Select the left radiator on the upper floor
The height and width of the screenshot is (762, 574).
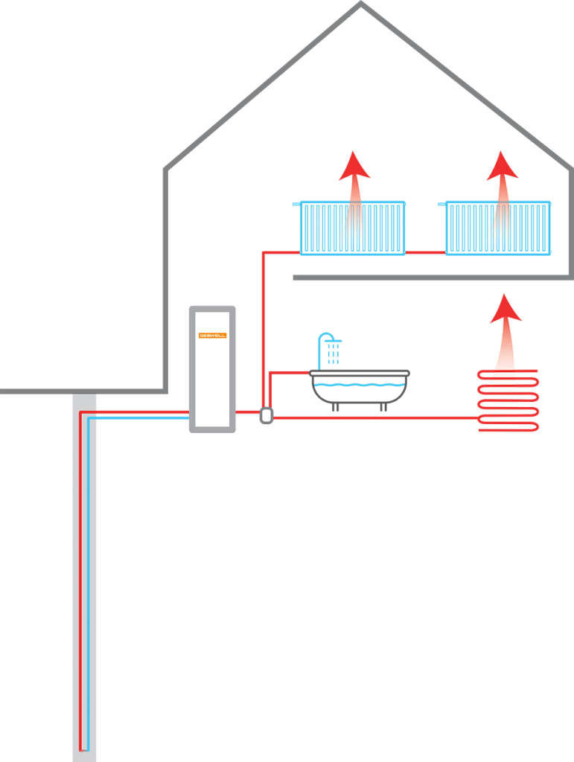point(352,228)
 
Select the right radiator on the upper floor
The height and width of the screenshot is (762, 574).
point(498,228)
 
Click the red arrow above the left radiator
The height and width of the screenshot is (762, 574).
point(354,175)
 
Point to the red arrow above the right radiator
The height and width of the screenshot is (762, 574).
point(502,175)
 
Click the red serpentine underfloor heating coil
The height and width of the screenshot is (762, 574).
point(508,402)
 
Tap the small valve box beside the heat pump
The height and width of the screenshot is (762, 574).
point(266,414)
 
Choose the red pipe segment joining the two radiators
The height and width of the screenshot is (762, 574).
point(425,253)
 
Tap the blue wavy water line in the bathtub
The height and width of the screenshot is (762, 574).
point(359,385)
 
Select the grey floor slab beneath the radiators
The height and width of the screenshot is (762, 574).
point(432,278)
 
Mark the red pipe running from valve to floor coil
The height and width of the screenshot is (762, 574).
point(372,418)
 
